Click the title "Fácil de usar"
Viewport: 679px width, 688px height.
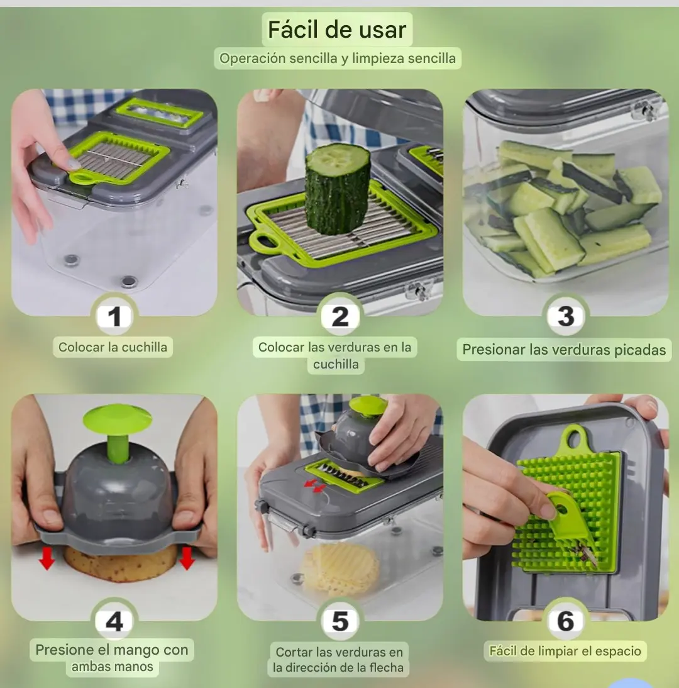(337, 30)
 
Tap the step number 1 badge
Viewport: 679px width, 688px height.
(114, 316)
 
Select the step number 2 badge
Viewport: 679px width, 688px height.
(340, 316)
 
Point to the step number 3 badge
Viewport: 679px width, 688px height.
(566, 316)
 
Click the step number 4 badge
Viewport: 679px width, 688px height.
(114, 621)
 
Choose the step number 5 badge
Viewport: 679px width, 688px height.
(340, 621)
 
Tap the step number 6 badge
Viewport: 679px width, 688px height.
(566, 621)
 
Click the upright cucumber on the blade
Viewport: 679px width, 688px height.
(338, 187)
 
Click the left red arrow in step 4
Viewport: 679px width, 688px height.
(47, 558)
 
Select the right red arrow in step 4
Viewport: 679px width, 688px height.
(187, 558)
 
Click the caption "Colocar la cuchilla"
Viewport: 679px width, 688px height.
(113, 347)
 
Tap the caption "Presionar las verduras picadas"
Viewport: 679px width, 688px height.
(564, 350)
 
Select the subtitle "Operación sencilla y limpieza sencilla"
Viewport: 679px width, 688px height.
(338, 58)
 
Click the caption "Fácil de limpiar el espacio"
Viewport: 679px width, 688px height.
(565, 651)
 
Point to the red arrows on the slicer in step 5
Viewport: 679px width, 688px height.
(315, 485)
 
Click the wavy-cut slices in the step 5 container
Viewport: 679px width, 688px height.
(341, 570)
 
